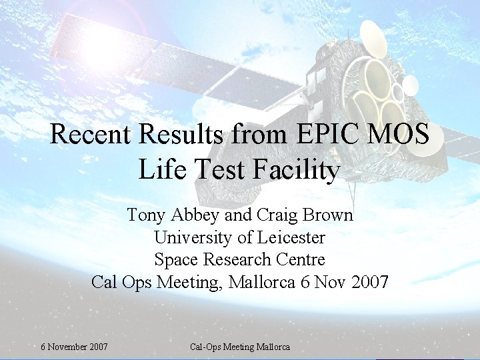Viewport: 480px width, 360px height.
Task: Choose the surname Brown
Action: click(x=329, y=215)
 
